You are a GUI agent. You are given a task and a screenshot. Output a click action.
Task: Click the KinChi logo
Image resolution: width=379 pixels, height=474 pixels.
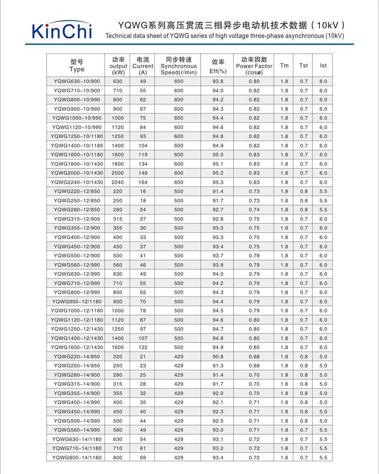click(x=62, y=31)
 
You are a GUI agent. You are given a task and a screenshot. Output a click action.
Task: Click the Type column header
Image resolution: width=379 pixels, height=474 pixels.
click(x=77, y=65)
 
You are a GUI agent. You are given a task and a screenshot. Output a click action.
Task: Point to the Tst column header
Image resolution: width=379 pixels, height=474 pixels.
click(x=304, y=65)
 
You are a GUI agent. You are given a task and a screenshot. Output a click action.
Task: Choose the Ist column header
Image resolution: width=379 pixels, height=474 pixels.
click(x=323, y=65)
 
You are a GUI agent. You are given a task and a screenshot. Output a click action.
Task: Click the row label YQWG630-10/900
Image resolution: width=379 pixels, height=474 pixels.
click(x=77, y=81)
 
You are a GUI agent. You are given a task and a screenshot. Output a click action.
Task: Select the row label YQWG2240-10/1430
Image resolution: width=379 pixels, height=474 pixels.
click(x=77, y=182)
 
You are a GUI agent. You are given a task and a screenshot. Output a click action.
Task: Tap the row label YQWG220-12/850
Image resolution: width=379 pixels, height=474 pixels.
click(x=77, y=191)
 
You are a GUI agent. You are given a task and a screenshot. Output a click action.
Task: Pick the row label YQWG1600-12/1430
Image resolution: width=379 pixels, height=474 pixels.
click(x=77, y=347)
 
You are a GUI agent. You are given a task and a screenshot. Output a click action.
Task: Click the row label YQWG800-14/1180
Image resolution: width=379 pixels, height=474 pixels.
click(x=77, y=458)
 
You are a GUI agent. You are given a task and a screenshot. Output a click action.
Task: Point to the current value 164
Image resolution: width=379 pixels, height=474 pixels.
click(x=143, y=182)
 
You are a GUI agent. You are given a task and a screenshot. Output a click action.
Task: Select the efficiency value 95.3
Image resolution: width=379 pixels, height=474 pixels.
click(x=218, y=182)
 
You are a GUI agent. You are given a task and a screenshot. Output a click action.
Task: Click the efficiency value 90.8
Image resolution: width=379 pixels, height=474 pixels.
click(x=218, y=357)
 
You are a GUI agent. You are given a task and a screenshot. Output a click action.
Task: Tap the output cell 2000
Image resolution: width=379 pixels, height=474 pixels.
click(x=118, y=173)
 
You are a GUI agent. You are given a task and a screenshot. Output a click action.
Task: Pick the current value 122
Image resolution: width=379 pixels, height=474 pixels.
click(x=143, y=347)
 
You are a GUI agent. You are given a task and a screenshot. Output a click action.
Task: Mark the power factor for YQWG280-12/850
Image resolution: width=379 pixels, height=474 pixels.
click(x=254, y=210)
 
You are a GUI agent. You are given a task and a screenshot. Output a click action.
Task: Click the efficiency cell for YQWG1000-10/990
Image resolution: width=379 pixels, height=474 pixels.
click(x=218, y=118)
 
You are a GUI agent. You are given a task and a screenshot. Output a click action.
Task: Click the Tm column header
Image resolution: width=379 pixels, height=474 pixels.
click(x=284, y=65)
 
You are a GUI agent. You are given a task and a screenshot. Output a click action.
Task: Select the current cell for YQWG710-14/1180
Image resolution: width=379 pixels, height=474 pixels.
click(x=143, y=448)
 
